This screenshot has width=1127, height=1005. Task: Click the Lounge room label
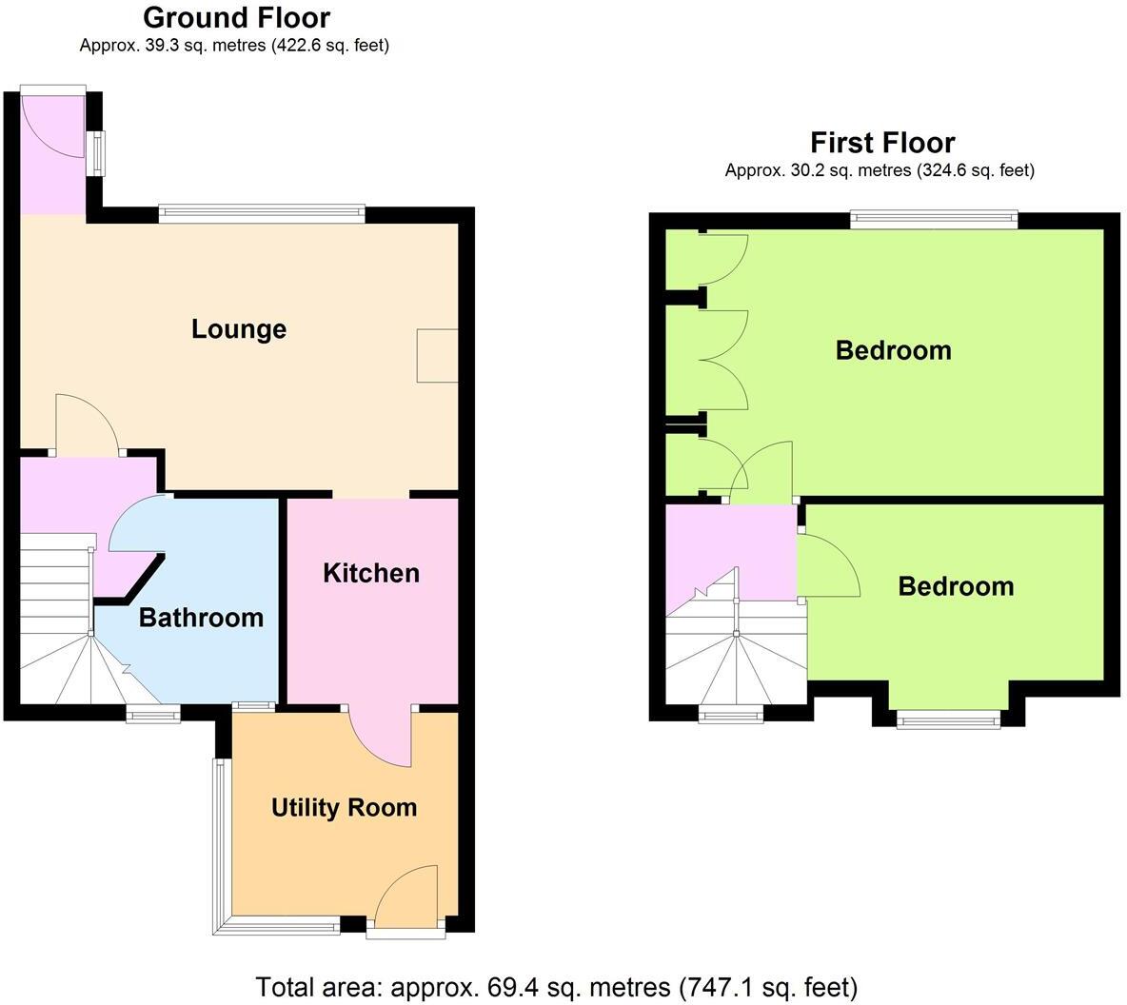pos(238,329)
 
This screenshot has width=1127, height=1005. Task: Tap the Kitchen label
pos(370,573)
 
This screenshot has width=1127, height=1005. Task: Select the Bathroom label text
pos(201,618)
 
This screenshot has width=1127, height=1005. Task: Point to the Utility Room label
pos(344,808)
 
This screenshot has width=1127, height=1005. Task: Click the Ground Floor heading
pos(236,17)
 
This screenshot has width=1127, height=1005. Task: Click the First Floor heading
pos(881,143)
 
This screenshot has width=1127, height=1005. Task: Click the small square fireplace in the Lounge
pos(437,356)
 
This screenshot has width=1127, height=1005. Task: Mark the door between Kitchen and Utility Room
pos(381,738)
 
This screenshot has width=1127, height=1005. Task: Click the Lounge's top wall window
pos(262,215)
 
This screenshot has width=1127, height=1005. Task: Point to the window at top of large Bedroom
pos(934,220)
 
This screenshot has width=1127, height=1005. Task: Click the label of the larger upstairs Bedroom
pos(893,350)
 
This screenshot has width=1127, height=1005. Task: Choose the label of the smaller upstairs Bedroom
pos(956,586)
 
